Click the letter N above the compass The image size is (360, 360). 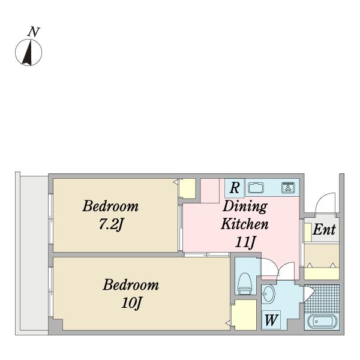34,32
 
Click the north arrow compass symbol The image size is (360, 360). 28,52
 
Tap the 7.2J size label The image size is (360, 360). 111,224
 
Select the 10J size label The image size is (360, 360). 131,303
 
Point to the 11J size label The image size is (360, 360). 245,242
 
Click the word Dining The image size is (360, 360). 245,206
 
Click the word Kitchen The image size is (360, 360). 245,224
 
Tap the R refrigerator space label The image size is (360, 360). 235,188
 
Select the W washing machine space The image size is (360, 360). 271,320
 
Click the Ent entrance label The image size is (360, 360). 324,229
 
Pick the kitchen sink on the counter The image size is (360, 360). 256,188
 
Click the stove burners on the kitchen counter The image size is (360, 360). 288,187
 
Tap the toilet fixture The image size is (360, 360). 245,283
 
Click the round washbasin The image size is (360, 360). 268,293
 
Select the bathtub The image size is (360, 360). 322,322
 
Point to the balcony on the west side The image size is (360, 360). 34,253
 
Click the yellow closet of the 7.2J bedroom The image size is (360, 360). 187,188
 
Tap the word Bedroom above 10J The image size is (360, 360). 131,285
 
